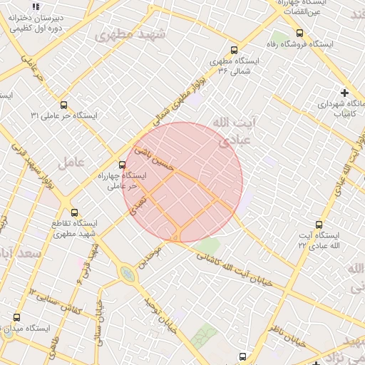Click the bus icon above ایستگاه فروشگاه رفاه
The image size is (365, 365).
[x=299, y=33]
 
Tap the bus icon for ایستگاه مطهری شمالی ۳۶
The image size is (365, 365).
[x=234, y=50]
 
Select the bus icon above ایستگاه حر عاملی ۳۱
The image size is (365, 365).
[x=64, y=105]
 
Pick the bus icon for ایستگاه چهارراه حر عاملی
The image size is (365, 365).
[x=121, y=165]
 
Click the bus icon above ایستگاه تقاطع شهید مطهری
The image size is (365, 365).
[x=74, y=212]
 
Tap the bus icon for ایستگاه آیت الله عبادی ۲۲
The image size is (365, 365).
[x=319, y=224]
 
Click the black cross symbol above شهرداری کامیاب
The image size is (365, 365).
[x=345, y=93]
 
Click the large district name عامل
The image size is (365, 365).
[x=71, y=161]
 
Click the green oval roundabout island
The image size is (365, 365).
[x=128, y=274]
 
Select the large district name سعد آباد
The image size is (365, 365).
[x=21, y=254]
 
